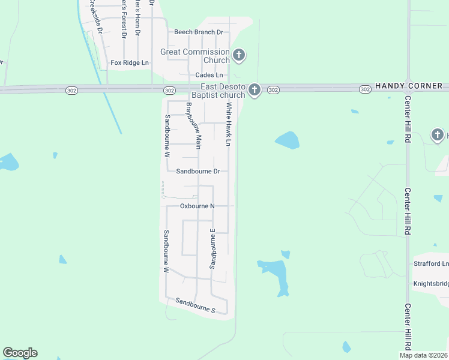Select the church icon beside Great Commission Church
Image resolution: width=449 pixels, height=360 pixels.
239,56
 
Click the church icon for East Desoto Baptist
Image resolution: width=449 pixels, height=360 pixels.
255,91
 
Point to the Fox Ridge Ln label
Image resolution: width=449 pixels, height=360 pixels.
130,62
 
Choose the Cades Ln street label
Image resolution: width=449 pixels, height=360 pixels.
209,75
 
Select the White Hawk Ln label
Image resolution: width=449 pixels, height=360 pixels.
228,124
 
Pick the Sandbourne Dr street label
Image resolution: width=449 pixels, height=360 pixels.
198,171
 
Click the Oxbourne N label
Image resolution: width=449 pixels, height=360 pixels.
197,206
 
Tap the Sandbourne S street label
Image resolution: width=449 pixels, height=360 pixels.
195,305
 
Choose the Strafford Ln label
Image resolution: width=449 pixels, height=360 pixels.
430,263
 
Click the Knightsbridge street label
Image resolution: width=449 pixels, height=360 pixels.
430,284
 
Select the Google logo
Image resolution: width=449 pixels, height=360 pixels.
20,353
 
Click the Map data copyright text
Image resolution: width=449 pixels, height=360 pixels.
423,355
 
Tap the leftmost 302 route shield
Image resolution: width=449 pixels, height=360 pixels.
169,90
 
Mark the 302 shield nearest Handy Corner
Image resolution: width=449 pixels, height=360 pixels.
365,89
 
